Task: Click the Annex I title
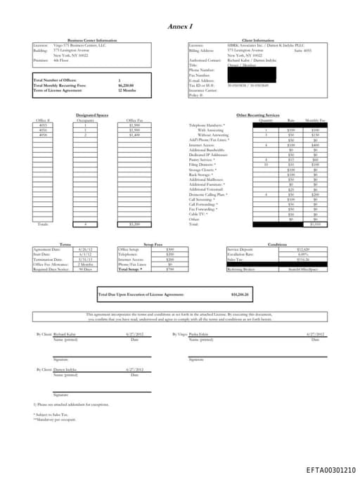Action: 179,26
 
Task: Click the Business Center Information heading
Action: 92,41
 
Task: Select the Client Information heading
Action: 257,41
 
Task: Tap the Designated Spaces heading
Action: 92,115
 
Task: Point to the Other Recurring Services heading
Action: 257,115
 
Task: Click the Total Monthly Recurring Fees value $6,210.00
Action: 126,86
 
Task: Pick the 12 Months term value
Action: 126,90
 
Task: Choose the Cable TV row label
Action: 199,214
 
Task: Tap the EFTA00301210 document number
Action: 330,469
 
